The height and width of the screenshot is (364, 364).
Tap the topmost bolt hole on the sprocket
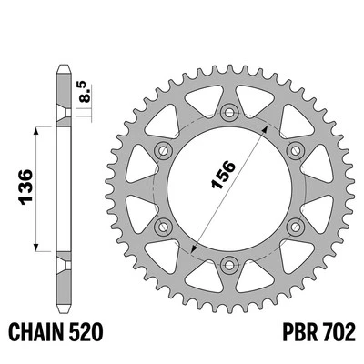click(227, 113)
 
